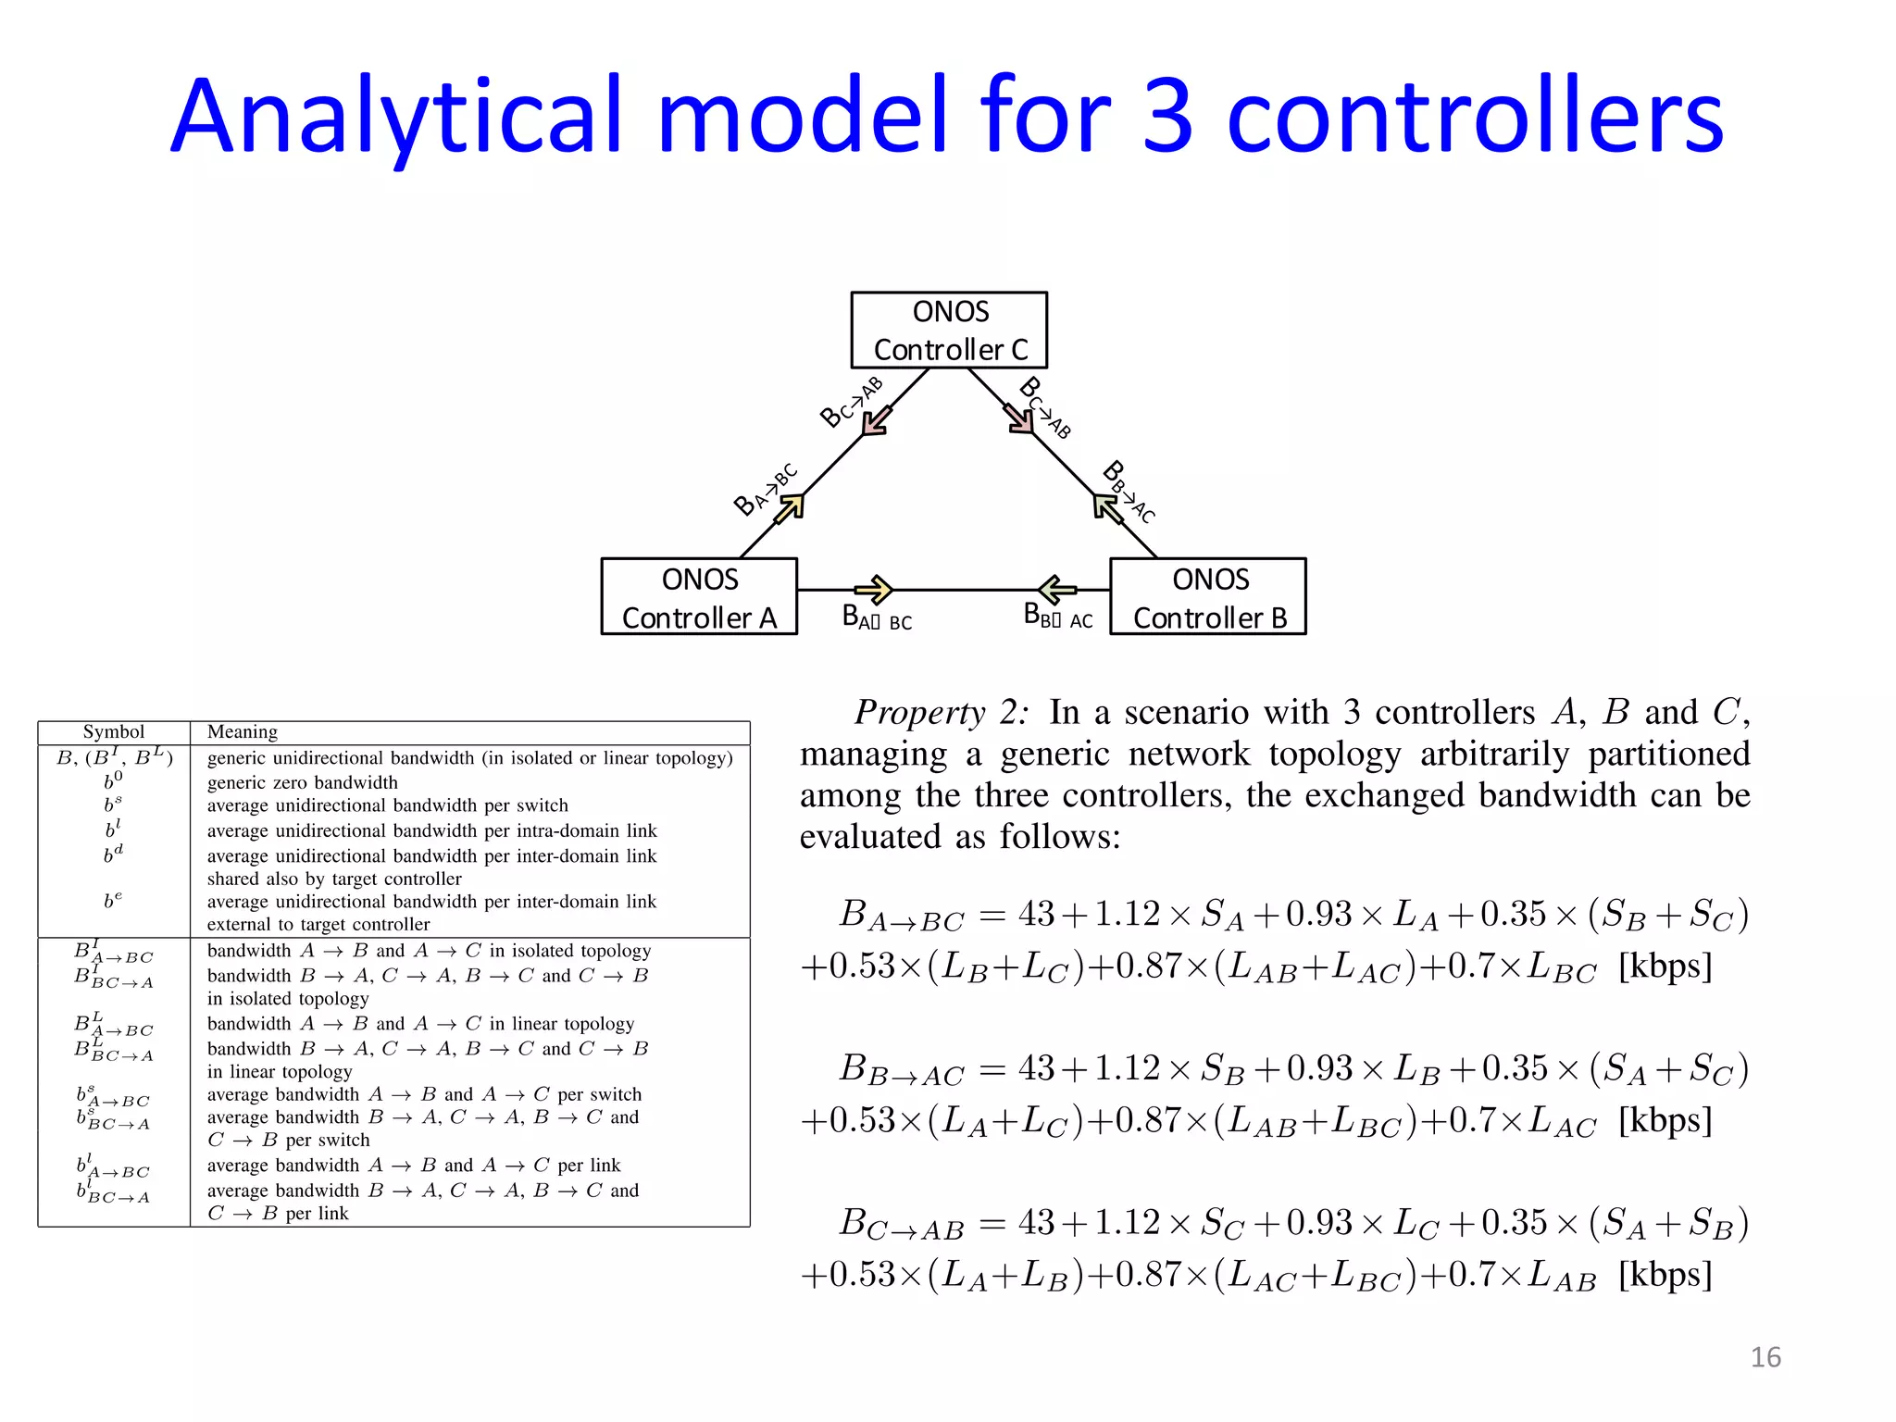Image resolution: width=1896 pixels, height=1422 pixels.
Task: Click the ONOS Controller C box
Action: pos(949,331)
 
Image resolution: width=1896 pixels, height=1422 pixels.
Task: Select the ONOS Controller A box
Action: pos(699,597)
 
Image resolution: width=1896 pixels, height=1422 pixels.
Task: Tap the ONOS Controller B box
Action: pos(1208,597)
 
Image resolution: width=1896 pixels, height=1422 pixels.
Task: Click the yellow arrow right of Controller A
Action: pos(874,589)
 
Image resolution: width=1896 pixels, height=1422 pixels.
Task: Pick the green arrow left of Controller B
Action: pos(1057,589)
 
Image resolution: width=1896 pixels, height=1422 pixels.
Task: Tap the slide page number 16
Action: pos(1765,1357)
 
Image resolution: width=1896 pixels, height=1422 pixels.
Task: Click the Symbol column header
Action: pos(114,732)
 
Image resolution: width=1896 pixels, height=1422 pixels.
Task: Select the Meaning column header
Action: pos(243,732)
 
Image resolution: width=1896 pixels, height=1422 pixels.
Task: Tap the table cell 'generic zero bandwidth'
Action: pos(302,782)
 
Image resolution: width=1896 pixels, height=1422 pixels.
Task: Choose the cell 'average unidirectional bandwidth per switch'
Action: pos(387,805)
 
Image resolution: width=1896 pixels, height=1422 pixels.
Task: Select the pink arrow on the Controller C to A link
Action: pos(876,420)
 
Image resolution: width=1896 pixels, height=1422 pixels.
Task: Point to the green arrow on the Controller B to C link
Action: pos(1106,507)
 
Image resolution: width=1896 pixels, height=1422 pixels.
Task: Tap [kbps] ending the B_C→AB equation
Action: pos(1665,1275)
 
